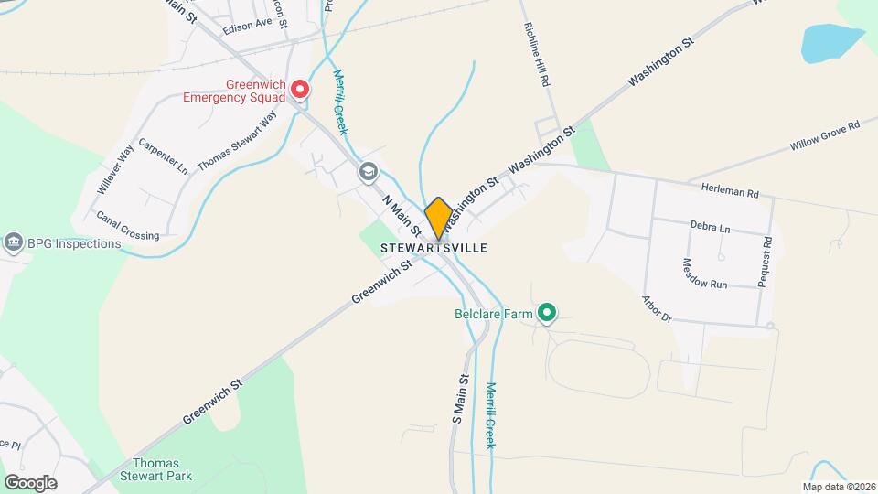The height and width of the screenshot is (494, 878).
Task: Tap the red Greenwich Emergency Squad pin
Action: pyautogui.click(x=300, y=90)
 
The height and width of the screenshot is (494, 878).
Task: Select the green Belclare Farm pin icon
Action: pyautogui.click(x=547, y=315)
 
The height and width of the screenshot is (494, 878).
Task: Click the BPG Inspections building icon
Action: pyautogui.click(x=14, y=243)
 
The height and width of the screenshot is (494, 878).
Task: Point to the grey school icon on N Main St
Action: pyautogui.click(x=368, y=171)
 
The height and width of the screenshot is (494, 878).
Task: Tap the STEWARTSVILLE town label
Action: pyautogui.click(x=434, y=248)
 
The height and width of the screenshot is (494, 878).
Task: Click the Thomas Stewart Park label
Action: pyautogui.click(x=155, y=470)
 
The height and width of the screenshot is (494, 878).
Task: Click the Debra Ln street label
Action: pyautogui.click(x=711, y=226)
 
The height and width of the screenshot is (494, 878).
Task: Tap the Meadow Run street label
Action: pyautogui.click(x=703, y=274)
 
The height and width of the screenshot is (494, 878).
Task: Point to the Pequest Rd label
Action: pyautogui.click(x=766, y=263)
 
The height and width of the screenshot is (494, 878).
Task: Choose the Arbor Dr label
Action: pyautogui.click(x=658, y=309)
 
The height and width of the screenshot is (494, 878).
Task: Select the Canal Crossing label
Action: pyautogui.click(x=127, y=225)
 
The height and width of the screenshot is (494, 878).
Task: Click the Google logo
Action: pyautogui.click(x=30, y=482)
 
